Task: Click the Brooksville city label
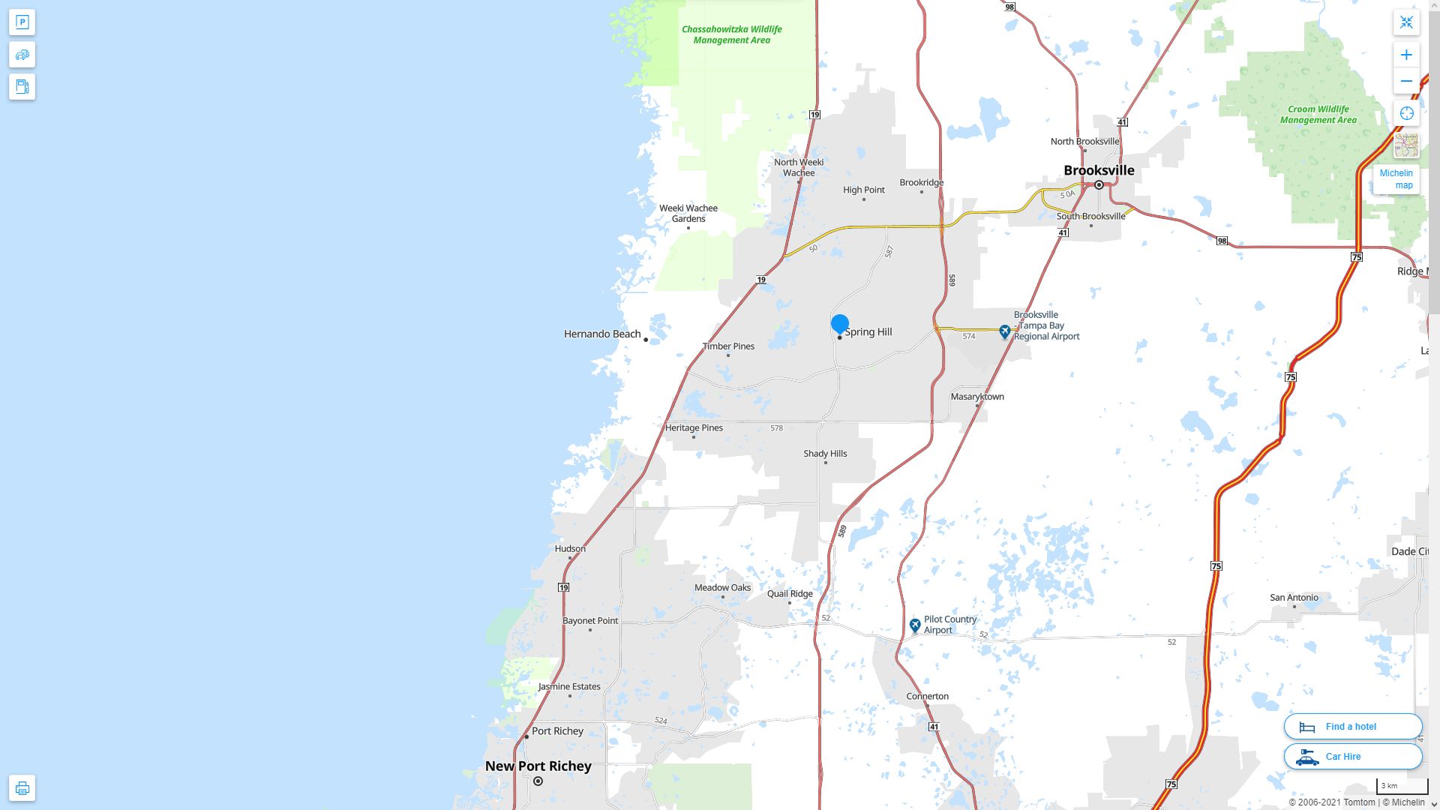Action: click(1099, 170)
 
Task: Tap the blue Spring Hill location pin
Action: click(839, 324)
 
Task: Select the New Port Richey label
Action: click(538, 766)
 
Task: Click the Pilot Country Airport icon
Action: click(915, 625)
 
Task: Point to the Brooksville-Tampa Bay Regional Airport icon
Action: click(1005, 331)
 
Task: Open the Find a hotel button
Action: click(1352, 726)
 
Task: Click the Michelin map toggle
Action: click(1396, 179)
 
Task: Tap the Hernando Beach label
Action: click(602, 334)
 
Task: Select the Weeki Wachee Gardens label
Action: click(688, 214)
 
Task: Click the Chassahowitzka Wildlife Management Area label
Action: click(731, 34)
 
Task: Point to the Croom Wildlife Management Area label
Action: click(1318, 114)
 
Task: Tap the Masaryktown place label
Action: click(977, 396)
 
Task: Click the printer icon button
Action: click(22, 787)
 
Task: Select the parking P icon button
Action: click(22, 22)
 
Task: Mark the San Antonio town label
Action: click(1294, 597)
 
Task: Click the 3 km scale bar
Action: click(1401, 786)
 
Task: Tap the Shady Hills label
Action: click(825, 453)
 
